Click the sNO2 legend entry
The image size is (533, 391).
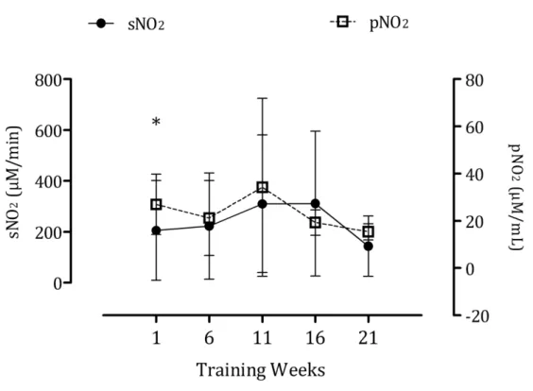pos(127,24)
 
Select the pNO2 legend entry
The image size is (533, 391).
pos(370,23)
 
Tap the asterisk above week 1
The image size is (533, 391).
pos(156,121)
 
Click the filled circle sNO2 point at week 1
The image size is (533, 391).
pos(156,230)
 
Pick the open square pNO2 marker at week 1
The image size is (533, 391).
pos(156,205)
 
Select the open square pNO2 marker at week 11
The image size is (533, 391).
pos(263,187)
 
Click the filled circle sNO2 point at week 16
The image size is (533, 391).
pos(316,204)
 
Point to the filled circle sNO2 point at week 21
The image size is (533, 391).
pos(369,246)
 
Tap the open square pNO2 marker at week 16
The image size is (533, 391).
pos(316,223)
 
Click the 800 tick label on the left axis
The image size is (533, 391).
pos(48,80)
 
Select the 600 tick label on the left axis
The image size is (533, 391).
pos(48,130)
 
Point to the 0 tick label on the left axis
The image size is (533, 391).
pos(57,283)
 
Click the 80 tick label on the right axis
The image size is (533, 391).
pos(474,80)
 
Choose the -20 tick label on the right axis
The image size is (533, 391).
pos(477,316)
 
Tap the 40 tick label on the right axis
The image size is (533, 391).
pos(474,175)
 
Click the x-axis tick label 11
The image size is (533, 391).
pos(262,338)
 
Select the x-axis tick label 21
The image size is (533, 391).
pos(369,338)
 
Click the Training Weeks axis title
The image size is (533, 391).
pos(261,370)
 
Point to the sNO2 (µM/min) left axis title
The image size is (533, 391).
pos(14,182)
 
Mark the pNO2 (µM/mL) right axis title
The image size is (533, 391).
pos(515,196)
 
